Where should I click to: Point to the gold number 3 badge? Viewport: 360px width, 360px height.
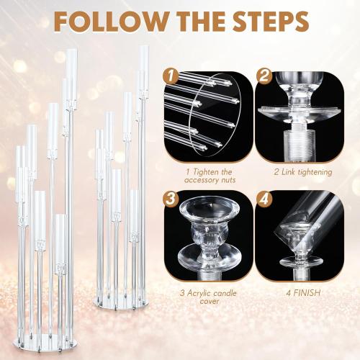[170, 198]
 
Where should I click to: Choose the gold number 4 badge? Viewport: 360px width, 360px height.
[264, 198]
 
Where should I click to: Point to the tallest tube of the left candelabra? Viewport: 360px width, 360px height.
[71, 79]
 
